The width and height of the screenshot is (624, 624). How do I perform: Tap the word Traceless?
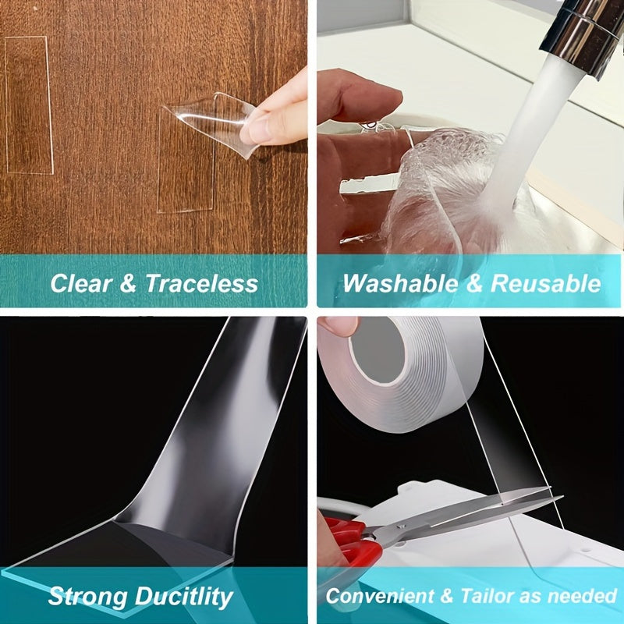(201, 283)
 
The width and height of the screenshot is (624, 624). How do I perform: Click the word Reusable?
(547, 283)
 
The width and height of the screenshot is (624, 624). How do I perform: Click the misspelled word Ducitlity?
(185, 597)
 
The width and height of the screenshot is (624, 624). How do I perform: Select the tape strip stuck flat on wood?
(28, 105)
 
